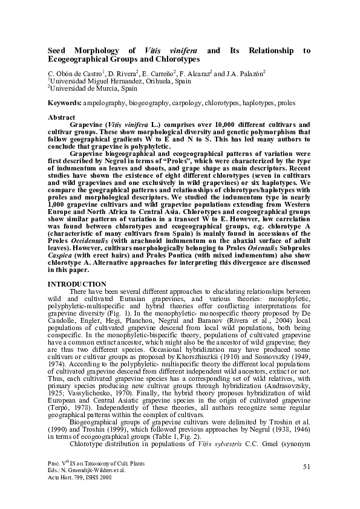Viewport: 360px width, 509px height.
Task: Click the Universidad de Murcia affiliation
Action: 77,88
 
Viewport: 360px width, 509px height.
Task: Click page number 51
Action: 306,465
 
